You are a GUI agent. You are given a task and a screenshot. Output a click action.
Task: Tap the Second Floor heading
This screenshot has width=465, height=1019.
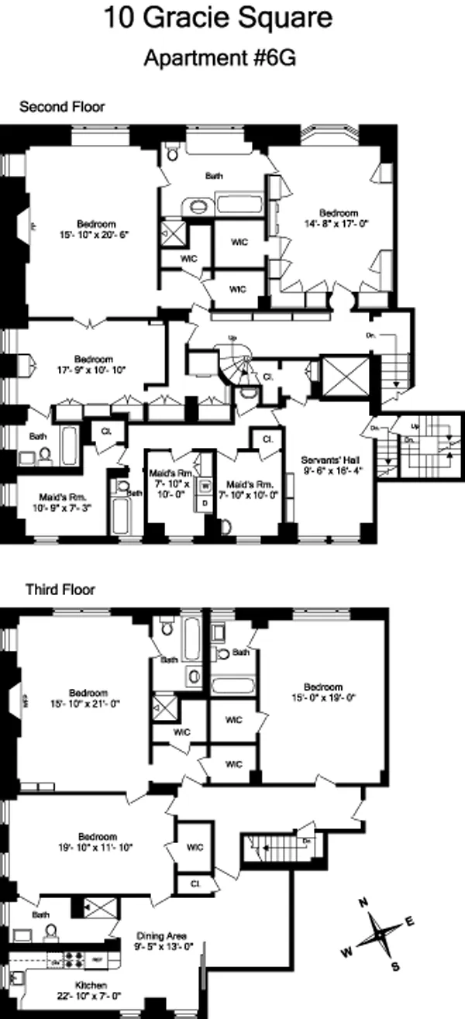pos(62,106)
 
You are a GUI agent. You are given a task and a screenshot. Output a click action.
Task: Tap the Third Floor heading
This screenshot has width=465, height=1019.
pos(60,590)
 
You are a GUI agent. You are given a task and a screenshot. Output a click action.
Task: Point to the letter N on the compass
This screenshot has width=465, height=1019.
pos(362,903)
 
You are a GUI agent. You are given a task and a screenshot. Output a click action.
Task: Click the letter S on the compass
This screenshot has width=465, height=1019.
pos(394,966)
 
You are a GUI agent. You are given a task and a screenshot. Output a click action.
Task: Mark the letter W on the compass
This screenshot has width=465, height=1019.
pos(347,949)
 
